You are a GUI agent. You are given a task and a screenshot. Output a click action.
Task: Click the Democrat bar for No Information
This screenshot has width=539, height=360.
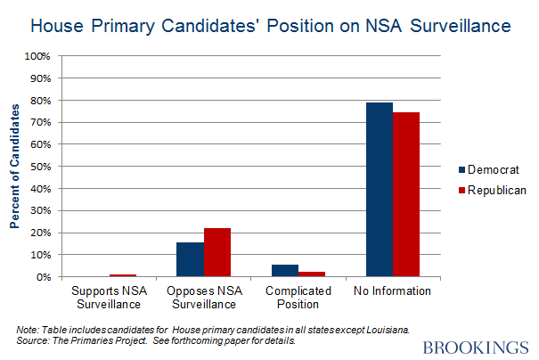point(380,190)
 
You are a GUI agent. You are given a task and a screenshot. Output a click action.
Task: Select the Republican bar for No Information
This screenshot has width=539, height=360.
point(406,194)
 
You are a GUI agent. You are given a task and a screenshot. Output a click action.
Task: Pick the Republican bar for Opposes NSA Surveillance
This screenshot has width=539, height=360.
point(216,252)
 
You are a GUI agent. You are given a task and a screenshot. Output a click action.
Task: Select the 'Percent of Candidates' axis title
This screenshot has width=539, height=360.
point(15,167)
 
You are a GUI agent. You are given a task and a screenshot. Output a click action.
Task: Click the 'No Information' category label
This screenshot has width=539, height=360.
point(392,291)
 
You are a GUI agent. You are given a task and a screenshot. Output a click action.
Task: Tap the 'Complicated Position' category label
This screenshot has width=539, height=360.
point(298,298)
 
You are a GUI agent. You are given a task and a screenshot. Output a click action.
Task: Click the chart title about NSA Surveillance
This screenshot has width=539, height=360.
point(270,26)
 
